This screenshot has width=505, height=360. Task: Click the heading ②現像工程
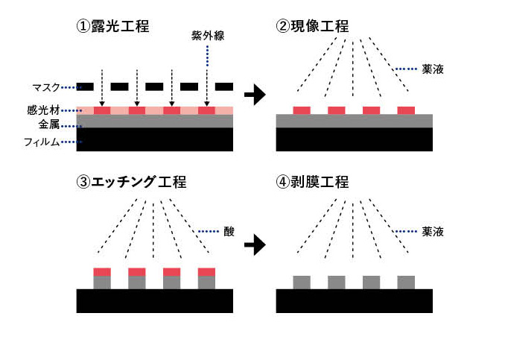point(312,27)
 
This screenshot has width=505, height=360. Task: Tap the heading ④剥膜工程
point(312,182)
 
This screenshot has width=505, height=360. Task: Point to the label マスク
point(37,86)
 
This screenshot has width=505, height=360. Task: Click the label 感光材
point(37,110)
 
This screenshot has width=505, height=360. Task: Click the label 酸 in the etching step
point(228,232)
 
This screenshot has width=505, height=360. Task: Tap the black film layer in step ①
point(155,139)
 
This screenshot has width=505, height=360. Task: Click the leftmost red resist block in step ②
point(302,110)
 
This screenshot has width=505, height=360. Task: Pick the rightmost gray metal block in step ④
point(406,282)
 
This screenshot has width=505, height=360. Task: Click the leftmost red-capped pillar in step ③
point(102,277)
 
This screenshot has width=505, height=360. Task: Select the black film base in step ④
point(355,300)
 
